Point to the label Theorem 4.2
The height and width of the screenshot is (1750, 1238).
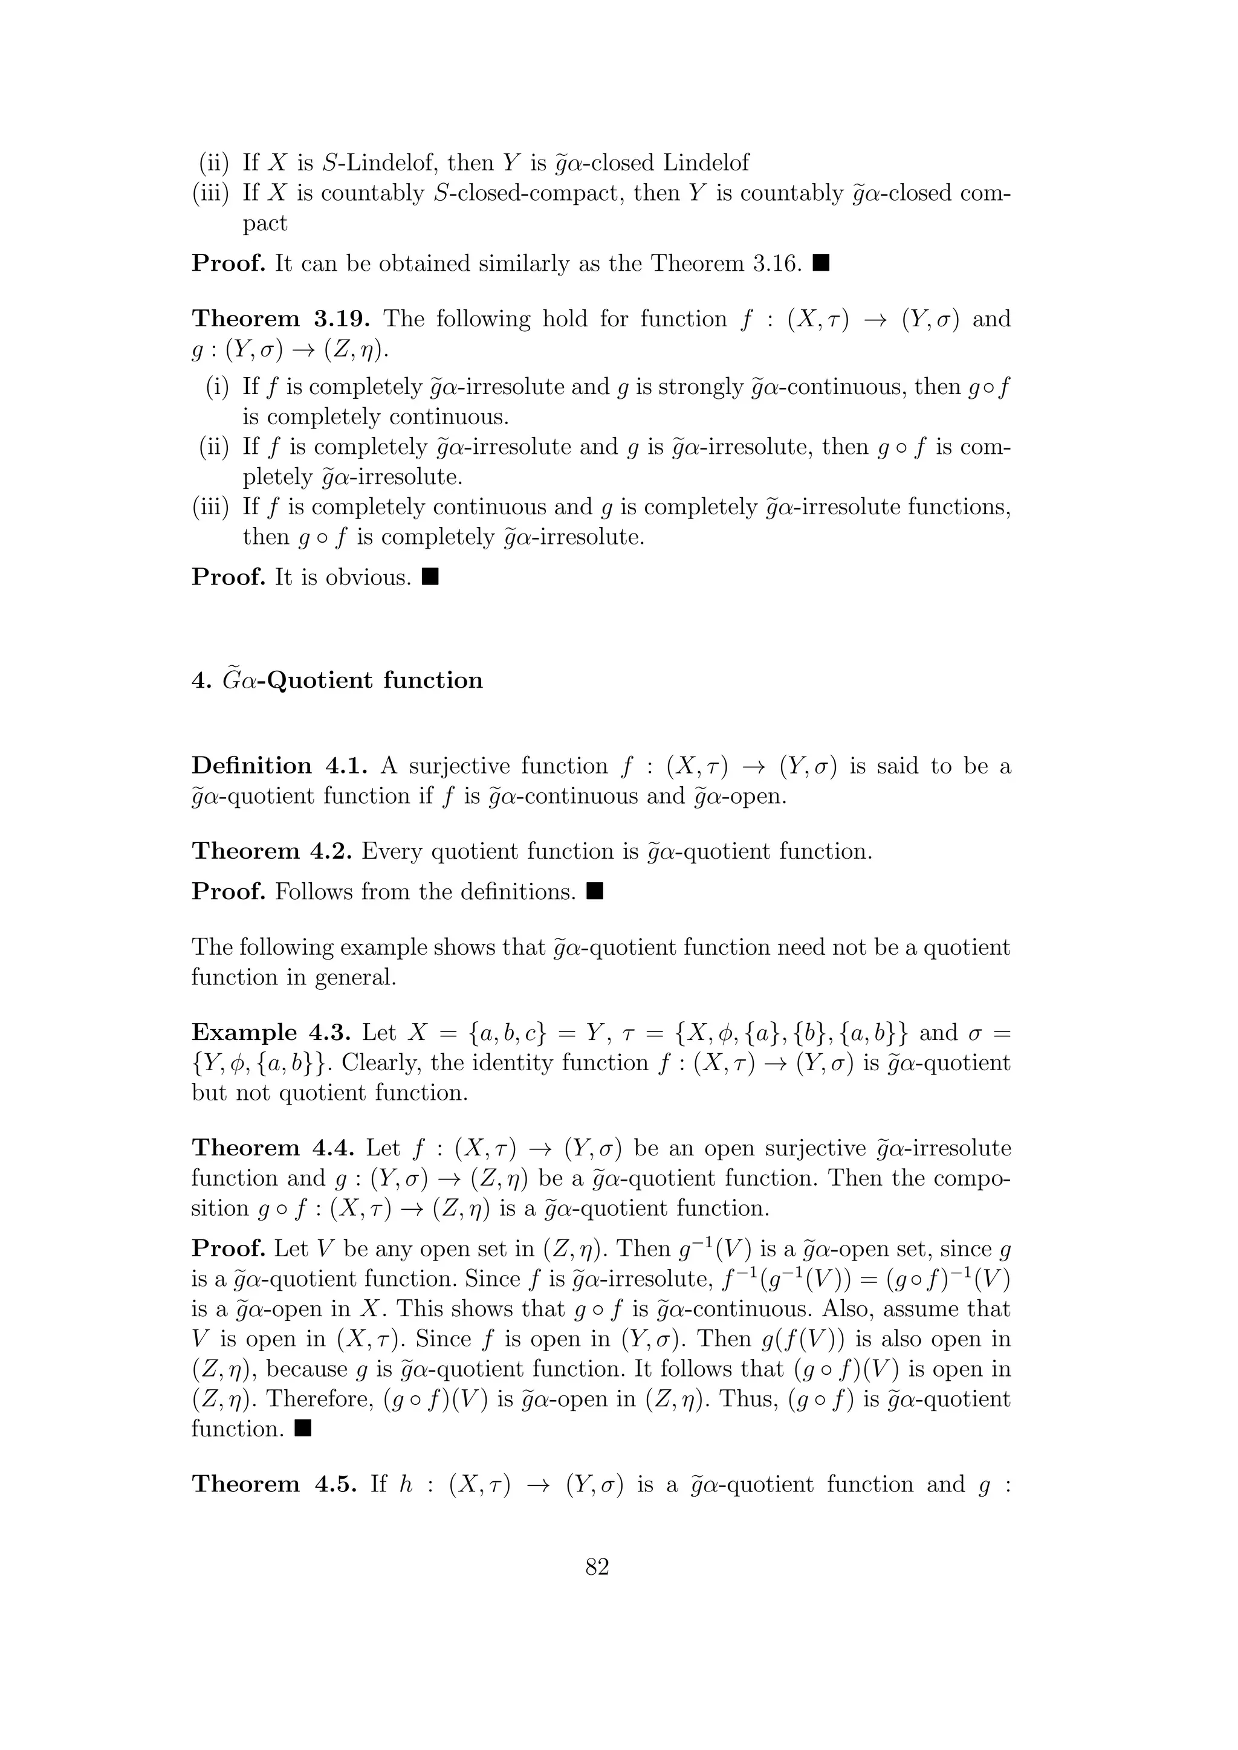pyautogui.click(x=271, y=851)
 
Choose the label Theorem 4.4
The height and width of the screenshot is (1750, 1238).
pyautogui.click(x=271, y=1149)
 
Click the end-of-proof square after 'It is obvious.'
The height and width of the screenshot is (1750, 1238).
pyautogui.click(x=430, y=577)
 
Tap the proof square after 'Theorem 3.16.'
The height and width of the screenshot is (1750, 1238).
pyautogui.click(x=820, y=263)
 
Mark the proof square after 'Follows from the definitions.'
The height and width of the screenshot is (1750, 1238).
pyautogui.click(x=595, y=891)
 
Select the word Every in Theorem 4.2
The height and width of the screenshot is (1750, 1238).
pyautogui.click(x=392, y=851)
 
